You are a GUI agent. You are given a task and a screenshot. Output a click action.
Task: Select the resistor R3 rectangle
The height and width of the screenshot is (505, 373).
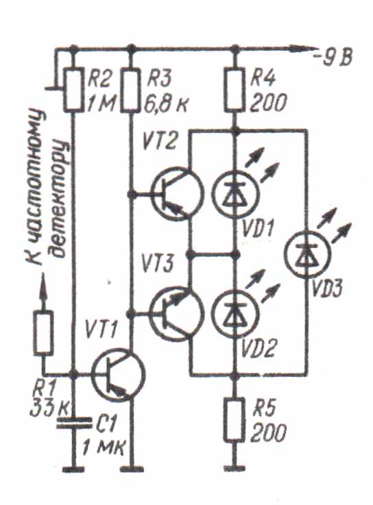pyautogui.click(x=130, y=90)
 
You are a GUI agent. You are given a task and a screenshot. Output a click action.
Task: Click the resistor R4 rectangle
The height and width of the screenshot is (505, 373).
pyautogui.click(x=234, y=90)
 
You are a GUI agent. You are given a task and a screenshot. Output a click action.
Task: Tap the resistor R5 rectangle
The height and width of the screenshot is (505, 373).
pyautogui.click(x=234, y=419)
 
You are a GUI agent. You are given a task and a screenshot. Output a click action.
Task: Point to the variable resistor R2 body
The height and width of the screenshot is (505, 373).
pyautogui.click(x=73, y=90)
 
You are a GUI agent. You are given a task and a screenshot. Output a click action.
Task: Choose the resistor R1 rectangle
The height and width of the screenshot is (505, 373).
pyautogui.click(x=43, y=333)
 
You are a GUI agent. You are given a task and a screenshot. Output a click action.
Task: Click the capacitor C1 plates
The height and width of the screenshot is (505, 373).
pyautogui.click(x=74, y=423)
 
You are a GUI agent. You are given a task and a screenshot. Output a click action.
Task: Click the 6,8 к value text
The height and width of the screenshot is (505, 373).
pyautogui.click(x=166, y=103)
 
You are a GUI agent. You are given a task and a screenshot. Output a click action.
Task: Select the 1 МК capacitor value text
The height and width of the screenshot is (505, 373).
pyautogui.click(x=103, y=447)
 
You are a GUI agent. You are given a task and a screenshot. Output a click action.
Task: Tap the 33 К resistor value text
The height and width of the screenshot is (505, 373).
pyautogui.click(x=49, y=408)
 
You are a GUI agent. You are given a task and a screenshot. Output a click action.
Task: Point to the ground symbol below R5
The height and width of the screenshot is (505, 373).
pyautogui.click(x=234, y=469)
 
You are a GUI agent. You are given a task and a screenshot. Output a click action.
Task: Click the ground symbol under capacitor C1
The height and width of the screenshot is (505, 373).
pyautogui.click(x=74, y=469)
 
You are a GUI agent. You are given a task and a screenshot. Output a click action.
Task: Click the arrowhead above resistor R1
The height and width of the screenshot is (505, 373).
pyautogui.click(x=44, y=286)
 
